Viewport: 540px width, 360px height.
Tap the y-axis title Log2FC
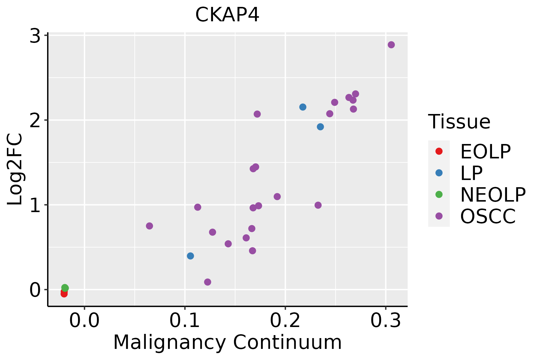point(15,169)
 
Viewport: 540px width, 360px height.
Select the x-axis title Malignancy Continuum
point(227,342)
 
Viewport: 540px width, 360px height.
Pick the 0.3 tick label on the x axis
point(385,321)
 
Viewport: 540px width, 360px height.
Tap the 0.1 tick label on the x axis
point(185,321)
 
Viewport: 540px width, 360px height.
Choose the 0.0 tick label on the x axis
point(84,321)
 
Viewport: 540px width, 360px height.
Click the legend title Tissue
point(459,122)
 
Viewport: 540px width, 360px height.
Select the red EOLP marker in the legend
point(439,151)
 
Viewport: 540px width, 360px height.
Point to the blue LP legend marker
point(439,173)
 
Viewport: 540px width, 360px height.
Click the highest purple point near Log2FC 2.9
point(391,45)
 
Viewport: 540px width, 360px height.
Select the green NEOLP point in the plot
point(65,288)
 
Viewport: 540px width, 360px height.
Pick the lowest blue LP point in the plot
point(190,256)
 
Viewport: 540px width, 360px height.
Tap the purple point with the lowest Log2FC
point(208,282)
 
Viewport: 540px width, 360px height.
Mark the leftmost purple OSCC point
point(149,226)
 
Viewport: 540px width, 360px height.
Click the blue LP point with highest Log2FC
point(303,107)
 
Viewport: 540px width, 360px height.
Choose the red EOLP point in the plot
point(64,293)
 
